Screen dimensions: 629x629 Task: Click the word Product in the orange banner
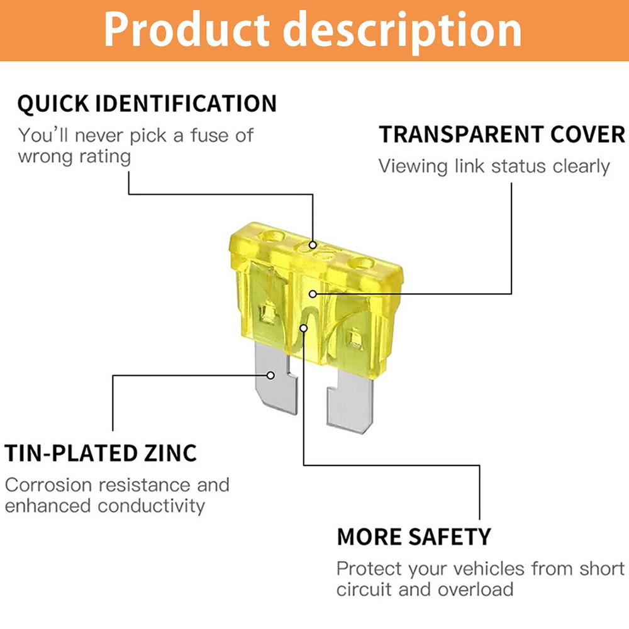click(x=186, y=30)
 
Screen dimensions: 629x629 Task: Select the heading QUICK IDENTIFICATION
click(x=147, y=104)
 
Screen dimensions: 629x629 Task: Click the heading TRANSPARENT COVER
click(x=502, y=134)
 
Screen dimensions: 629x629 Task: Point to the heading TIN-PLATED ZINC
click(x=101, y=454)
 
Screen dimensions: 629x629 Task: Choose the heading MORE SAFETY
click(x=414, y=537)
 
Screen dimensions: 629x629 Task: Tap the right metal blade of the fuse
click(x=350, y=401)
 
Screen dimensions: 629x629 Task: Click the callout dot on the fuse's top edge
click(x=313, y=245)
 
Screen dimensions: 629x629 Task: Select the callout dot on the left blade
click(x=270, y=376)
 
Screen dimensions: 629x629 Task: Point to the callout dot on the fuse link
click(x=304, y=328)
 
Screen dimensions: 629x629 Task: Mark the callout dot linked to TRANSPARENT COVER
click(x=313, y=294)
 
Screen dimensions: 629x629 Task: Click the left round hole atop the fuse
click(x=272, y=237)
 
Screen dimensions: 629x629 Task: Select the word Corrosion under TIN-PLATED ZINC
click(x=48, y=485)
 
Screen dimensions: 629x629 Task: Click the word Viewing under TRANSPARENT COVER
click(x=413, y=166)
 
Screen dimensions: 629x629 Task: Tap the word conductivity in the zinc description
click(x=151, y=506)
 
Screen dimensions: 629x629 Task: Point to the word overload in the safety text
click(x=476, y=589)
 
